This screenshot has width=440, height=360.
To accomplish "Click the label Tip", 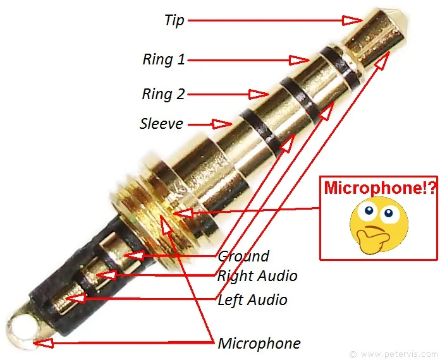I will coord(174,20).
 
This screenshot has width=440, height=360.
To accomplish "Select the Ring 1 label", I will coord(164,60).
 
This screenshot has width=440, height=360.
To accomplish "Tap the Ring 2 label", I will coord(163,94).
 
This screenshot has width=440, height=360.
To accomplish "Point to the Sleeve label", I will coord(161,123).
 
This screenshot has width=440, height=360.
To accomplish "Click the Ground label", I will coord(243,256).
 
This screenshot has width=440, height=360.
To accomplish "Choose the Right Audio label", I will coord(257,276).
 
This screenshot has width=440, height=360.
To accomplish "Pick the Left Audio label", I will coord(252,299).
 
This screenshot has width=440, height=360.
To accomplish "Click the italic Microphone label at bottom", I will coord(259,344).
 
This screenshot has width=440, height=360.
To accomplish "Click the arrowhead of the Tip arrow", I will coord(351,20).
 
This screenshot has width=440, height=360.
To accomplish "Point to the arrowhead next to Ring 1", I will coord(299,60).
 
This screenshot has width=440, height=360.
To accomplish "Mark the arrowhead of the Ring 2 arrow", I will coord(259,95).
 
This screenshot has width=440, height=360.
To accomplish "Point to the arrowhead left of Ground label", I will coord(133,256).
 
